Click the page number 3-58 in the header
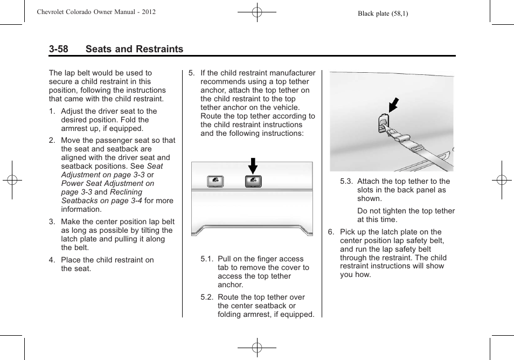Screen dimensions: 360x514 58,49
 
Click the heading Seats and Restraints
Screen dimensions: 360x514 134,49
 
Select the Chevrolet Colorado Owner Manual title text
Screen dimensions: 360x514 97,12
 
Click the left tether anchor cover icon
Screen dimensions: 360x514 215,182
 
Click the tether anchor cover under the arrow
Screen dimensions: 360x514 253,182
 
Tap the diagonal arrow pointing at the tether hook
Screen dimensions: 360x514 394,104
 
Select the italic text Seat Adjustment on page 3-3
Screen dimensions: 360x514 112,170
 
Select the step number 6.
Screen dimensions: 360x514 331,232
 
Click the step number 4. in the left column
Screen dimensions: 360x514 52,260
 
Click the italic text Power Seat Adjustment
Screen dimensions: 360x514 107,183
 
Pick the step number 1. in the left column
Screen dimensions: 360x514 52,112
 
